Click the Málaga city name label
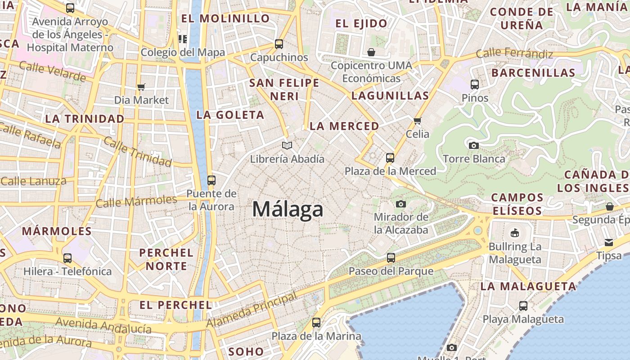click(288, 210)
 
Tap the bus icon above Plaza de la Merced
click(390, 158)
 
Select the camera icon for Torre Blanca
click(473, 145)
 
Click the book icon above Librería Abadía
click(287, 145)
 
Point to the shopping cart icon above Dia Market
click(141, 87)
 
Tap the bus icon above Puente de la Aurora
click(211, 180)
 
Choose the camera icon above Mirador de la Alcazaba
click(400, 204)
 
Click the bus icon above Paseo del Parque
click(391, 258)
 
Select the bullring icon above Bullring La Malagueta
click(515, 233)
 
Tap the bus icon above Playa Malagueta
click(523, 306)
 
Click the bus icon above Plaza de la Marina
click(316, 323)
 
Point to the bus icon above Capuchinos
click(279, 44)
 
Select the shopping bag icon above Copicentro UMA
click(371, 52)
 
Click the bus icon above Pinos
click(475, 84)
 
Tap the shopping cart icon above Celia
click(417, 121)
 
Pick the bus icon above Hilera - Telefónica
click(67, 258)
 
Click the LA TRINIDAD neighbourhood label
click(85, 119)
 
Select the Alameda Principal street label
click(252, 310)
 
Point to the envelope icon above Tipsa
click(609, 243)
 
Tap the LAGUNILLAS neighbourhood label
click(390, 95)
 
